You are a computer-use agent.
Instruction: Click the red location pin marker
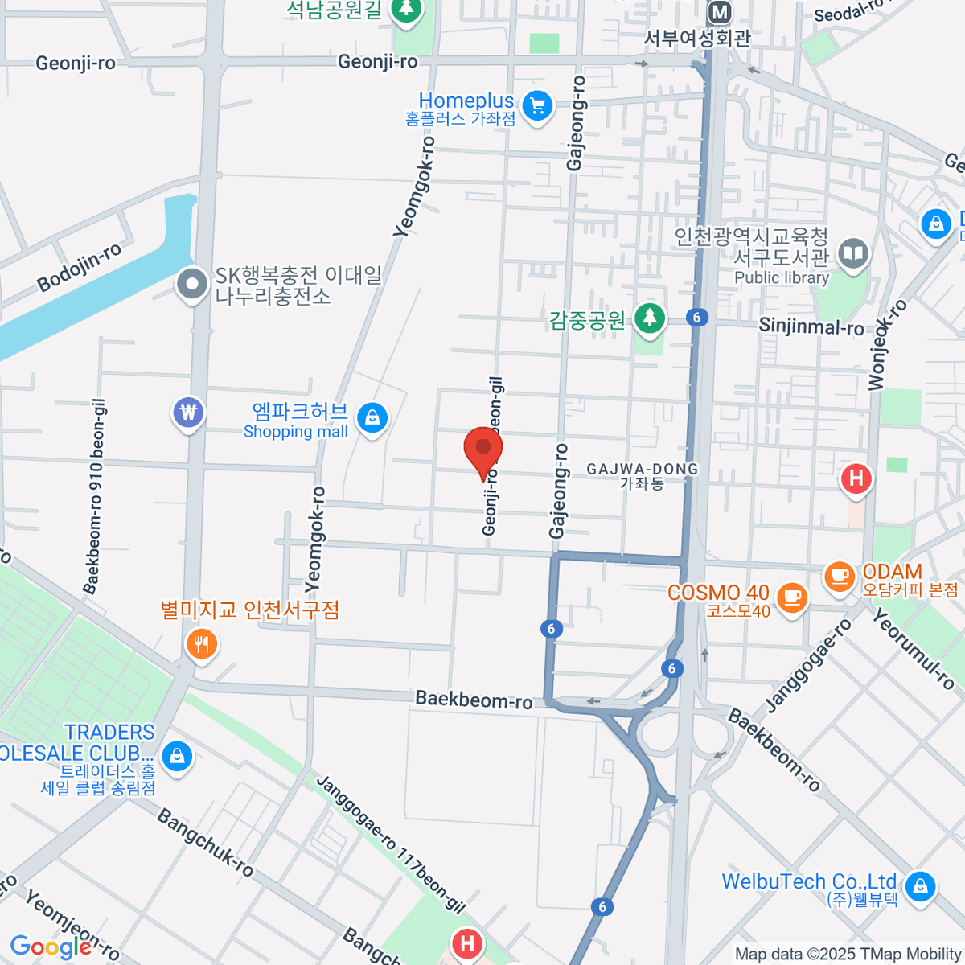click(483, 449)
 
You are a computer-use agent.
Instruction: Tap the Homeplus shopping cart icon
click(537, 105)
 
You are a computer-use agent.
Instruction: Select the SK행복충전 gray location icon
click(192, 284)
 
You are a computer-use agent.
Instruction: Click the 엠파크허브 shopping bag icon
click(372, 417)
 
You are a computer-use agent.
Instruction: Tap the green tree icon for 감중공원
click(650, 318)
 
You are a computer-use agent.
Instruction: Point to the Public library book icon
click(853, 255)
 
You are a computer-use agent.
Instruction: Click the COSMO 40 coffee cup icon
click(793, 597)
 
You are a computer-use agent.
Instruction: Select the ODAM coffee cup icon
click(840, 576)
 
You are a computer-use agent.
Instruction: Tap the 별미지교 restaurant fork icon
click(201, 644)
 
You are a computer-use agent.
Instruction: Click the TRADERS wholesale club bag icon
click(176, 755)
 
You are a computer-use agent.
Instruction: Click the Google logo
click(51, 947)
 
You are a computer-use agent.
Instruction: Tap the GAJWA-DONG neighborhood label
click(642, 469)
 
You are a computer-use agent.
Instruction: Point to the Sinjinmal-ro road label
click(811, 326)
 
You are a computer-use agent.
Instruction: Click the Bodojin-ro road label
click(80, 268)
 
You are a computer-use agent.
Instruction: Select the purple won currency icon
click(188, 413)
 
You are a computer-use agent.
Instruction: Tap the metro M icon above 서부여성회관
click(719, 12)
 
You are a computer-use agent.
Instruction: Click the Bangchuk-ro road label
click(205, 843)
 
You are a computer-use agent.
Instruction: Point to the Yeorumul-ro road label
click(914, 650)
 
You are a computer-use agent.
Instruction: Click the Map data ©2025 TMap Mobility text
click(848, 955)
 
